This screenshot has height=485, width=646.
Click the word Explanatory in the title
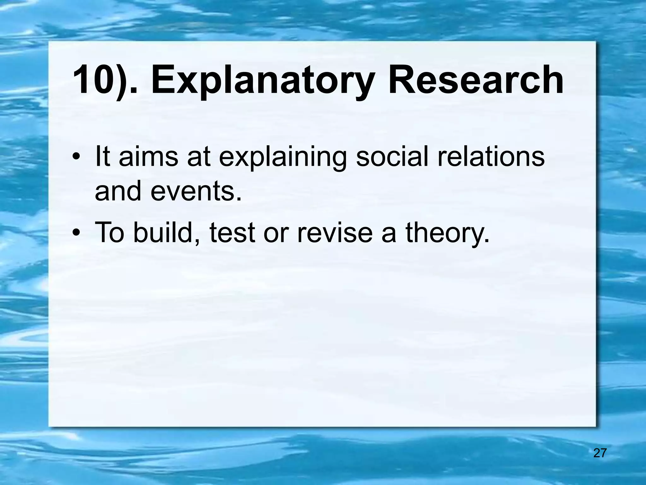(x=264, y=81)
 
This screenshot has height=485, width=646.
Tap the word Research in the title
(x=475, y=80)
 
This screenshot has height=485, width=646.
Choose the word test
(x=232, y=233)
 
